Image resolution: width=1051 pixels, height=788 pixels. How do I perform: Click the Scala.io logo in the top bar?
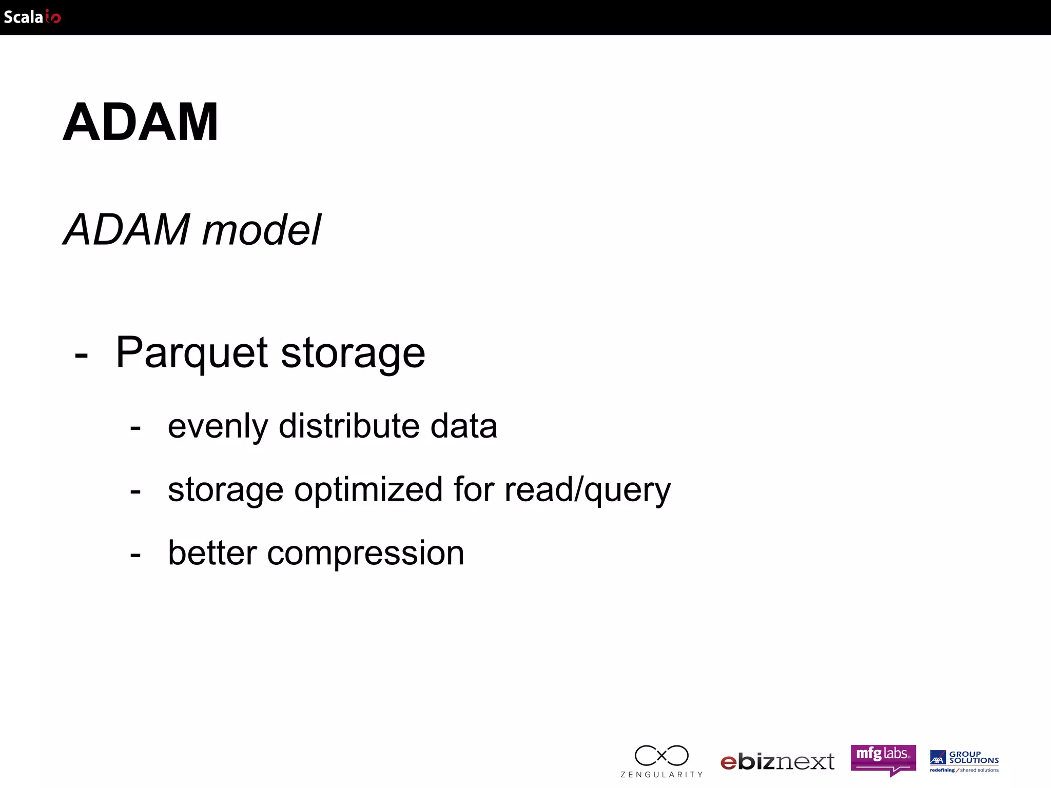[32, 17]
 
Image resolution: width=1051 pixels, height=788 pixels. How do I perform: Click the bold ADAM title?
[141, 122]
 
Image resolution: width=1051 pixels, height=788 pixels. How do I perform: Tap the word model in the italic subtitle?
[262, 230]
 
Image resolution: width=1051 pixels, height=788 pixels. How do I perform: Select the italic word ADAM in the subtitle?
[127, 230]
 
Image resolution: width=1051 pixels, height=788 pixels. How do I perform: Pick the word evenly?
[218, 427]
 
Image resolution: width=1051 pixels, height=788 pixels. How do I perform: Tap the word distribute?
[347, 426]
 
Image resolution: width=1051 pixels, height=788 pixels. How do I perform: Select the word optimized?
[368, 490]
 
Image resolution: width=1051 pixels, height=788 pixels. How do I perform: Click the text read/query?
[588, 490]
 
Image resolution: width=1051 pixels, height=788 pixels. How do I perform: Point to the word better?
[212, 553]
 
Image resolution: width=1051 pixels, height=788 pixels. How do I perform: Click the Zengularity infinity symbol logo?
[661, 756]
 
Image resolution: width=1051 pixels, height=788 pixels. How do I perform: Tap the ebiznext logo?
[777, 762]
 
